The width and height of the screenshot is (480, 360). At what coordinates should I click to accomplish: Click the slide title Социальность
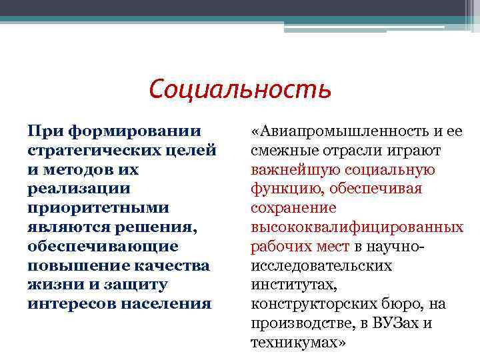240,88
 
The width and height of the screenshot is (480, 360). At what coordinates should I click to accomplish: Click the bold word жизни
51,285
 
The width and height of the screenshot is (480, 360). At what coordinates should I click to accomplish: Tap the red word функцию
281,189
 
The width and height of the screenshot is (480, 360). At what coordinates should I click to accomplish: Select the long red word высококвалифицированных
357,227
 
